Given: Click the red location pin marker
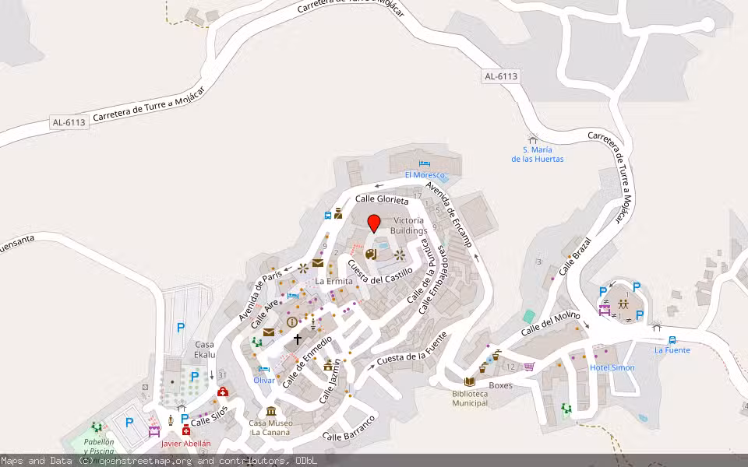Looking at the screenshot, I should point(373,223).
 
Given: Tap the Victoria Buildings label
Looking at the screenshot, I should point(409,226).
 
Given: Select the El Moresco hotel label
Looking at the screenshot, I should point(425,175).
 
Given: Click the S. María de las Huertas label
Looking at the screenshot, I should point(537,154).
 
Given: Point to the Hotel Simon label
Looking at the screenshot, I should point(612,367).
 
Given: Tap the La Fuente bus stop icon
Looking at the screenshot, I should point(672,339).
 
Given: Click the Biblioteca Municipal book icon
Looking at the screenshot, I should point(469,381).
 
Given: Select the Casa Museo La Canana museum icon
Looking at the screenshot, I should point(271,411).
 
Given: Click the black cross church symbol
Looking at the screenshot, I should point(297,339).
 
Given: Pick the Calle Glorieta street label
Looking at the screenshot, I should point(382,200).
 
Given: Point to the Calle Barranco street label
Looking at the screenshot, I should point(349,430).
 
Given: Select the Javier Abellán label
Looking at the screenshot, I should point(185,444).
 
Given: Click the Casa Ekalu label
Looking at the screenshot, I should point(204,349).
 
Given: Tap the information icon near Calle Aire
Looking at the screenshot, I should point(291,321).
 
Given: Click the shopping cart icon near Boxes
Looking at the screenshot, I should point(529,366).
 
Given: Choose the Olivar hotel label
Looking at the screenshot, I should point(264,380).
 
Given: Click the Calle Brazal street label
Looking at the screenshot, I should point(576,251).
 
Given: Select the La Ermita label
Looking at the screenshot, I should point(333,281).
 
